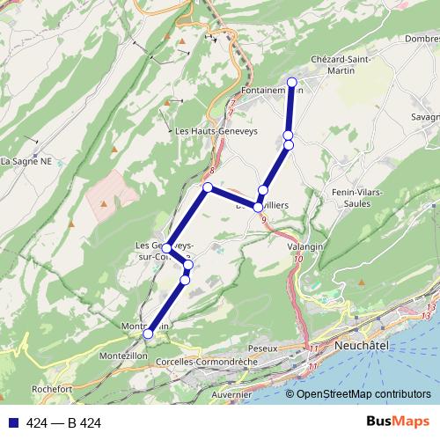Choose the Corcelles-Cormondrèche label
[205, 362]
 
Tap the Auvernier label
[231, 395]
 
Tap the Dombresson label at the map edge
[423, 38]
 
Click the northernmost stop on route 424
[292, 82]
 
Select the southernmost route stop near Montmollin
[149, 334]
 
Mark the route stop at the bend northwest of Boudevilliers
[208, 187]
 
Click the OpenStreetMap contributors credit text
[363, 394]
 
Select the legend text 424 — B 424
[64, 423]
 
